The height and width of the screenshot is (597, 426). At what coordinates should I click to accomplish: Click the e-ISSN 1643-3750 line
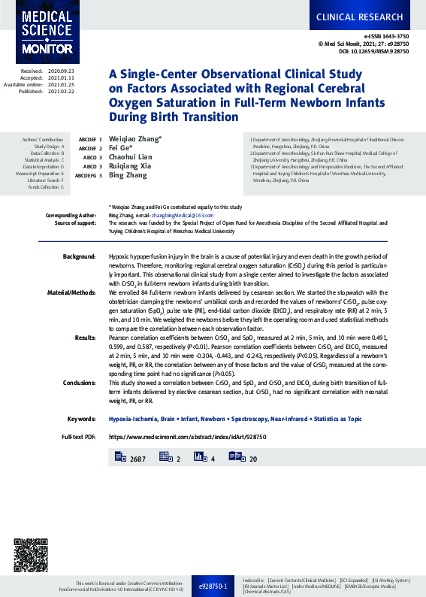pos(386,35)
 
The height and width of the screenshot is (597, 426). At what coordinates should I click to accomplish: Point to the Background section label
pos(79,257)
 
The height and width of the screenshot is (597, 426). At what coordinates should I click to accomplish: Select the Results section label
pos(85,338)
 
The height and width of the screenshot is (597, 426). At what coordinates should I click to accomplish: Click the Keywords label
pos(80,418)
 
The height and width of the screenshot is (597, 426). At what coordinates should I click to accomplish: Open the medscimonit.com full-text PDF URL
pos(177,437)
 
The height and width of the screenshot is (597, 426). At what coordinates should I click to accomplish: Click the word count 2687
pos(137,458)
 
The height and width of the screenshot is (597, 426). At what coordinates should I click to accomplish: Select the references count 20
pos(273,458)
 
